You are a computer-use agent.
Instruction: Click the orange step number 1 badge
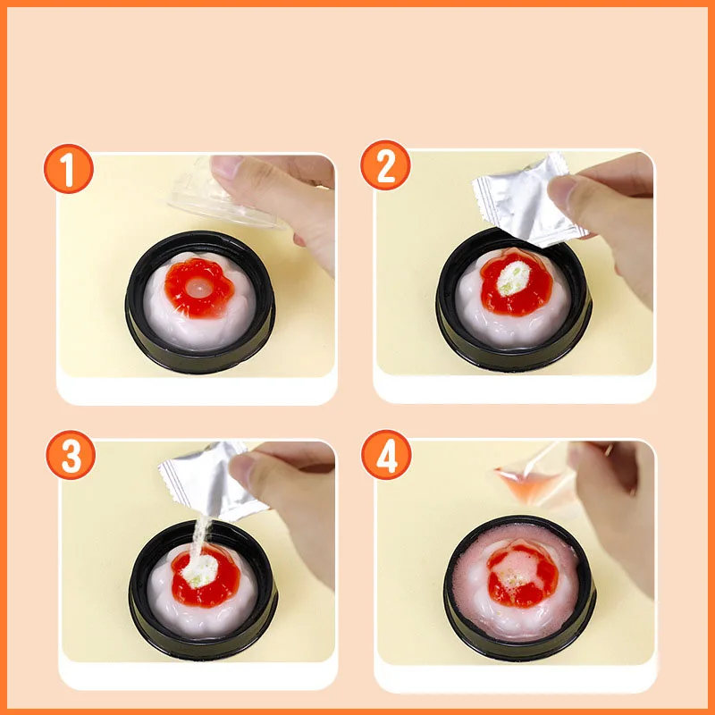click(69, 169)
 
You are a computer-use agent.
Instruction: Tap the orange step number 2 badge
click(385, 165)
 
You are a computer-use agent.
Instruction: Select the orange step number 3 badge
click(71, 455)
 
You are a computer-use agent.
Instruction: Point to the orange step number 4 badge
click(386, 455)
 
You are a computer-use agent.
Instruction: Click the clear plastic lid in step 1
click(223, 196)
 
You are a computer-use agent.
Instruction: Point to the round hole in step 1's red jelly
click(198, 286)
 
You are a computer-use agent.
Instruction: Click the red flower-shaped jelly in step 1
click(198, 287)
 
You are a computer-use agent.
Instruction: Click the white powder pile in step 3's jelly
click(200, 571)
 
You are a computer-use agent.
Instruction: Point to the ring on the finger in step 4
click(609, 450)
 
